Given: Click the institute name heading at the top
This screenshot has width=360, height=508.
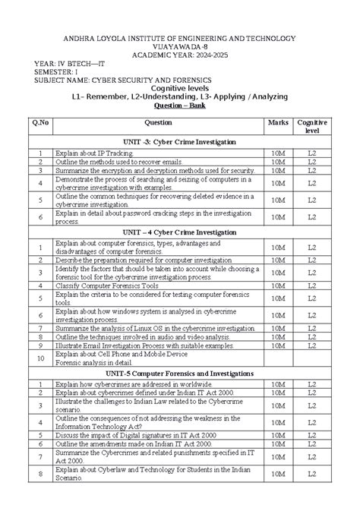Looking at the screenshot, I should point(179,38).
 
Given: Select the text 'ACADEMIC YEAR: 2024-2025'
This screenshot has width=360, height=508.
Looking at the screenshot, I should point(180,55).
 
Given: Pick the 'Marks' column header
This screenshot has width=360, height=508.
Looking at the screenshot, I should point(278,121).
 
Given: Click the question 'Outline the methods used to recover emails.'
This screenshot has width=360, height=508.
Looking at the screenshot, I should point(118,162).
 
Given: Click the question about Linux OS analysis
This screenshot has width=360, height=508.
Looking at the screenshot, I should point(149,328).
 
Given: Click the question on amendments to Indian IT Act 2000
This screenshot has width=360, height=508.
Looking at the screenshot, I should point(133,444).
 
